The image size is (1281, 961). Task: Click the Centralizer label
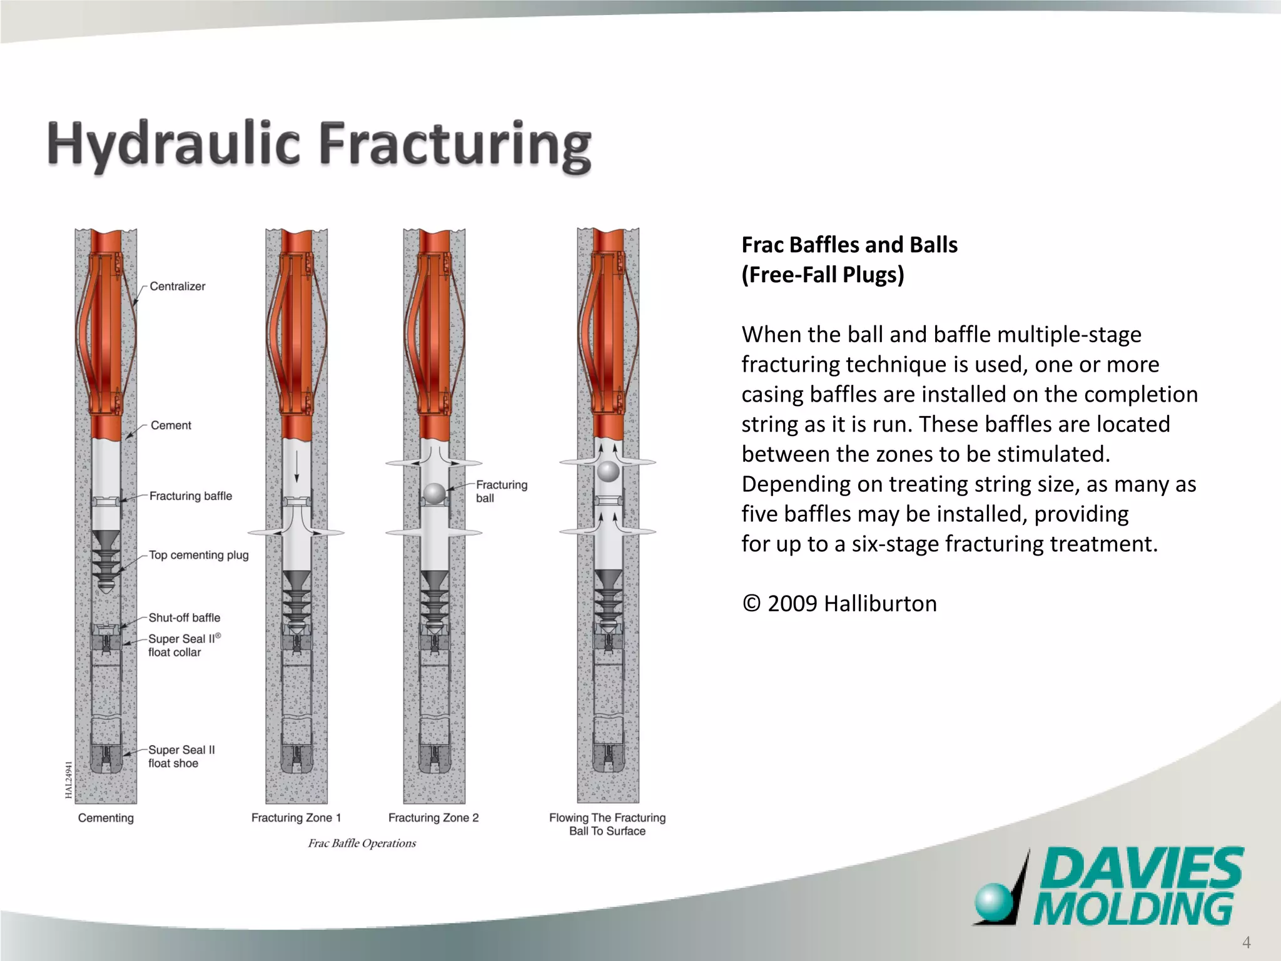(x=177, y=287)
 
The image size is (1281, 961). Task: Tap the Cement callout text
(x=171, y=425)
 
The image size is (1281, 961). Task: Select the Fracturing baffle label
(x=190, y=496)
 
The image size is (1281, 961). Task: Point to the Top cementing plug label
(x=198, y=555)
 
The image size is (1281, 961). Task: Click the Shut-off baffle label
(x=184, y=618)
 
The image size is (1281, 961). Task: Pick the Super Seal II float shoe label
(x=181, y=756)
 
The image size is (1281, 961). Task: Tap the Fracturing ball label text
(x=501, y=491)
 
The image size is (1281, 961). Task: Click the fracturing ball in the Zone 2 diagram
(x=434, y=494)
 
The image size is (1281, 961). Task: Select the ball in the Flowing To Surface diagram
(x=608, y=471)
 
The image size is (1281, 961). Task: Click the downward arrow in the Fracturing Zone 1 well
(x=296, y=467)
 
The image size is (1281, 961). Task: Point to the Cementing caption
(x=106, y=818)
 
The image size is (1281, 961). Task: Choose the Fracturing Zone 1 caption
(x=296, y=818)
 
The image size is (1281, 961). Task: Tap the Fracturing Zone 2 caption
(x=433, y=818)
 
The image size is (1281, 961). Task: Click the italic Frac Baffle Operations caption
(x=362, y=843)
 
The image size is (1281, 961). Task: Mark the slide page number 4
(x=1246, y=943)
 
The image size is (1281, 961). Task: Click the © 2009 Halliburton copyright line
(x=839, y=604)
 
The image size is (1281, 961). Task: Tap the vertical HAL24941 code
(x=68, y=780)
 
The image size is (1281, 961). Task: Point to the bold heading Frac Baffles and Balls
(x=849, y=245)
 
